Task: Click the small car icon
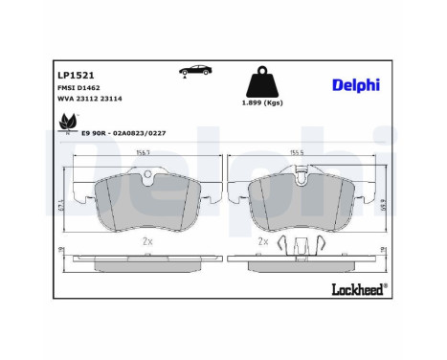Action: click(x=196, y=73)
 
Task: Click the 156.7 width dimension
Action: click(x=145, y=152)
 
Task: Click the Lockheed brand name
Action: click(x=358, y=287)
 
